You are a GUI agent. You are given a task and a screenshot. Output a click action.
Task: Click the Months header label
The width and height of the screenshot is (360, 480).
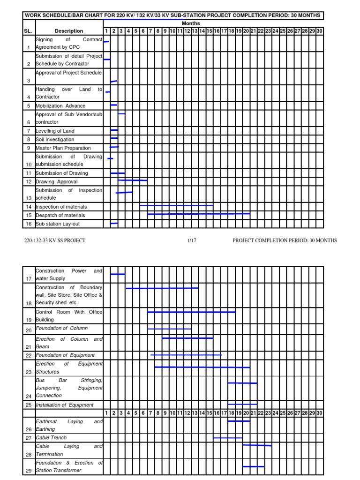(191, 23)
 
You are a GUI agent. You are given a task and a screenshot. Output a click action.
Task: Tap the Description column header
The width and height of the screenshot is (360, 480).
(68, 31)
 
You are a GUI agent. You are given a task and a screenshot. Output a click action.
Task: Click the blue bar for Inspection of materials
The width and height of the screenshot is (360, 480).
(176, 205)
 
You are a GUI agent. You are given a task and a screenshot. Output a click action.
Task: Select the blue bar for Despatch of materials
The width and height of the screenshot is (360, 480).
(198, 214)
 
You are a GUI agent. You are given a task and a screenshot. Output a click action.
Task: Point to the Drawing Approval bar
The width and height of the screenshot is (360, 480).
(132, 180)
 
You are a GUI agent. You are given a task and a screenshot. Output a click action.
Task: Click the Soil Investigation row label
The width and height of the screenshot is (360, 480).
(55, 140)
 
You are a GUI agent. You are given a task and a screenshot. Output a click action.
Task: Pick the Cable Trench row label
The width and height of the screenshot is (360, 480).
(51, 438)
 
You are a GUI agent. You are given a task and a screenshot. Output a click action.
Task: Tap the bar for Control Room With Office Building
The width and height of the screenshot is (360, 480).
(191, 312)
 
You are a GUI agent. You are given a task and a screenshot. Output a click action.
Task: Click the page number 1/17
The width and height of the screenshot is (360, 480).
(191, 240)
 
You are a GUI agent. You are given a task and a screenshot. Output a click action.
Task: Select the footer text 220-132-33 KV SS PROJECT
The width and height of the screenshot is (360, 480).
(55, 240)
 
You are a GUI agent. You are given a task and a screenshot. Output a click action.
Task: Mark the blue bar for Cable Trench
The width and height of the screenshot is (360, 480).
(228, 438)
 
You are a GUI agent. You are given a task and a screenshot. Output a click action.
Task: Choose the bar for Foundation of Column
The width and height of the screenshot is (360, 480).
(169, 329)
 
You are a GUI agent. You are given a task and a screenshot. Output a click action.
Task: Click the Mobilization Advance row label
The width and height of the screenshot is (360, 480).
(60, 106)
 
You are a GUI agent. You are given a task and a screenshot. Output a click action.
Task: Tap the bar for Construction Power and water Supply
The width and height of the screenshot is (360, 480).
(118, 274)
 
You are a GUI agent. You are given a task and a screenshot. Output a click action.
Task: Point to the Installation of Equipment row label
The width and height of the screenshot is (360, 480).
(65, 405)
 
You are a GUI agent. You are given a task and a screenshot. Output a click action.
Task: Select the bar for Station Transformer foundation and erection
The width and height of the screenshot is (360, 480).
(253, 466)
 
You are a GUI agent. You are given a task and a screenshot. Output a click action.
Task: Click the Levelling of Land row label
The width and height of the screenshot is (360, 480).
(55, 131)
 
